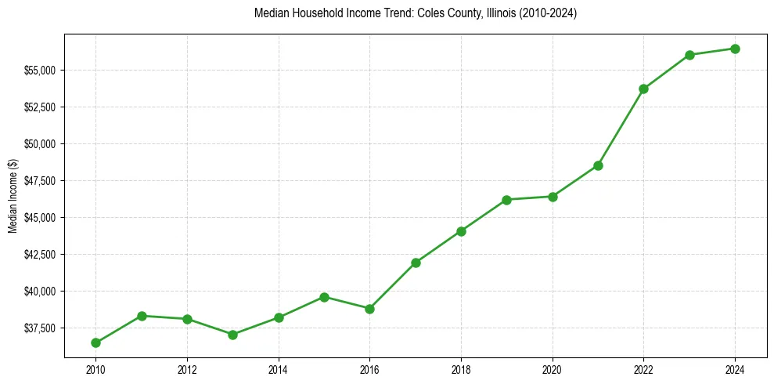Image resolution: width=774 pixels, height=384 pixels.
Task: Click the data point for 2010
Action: pos(95,342)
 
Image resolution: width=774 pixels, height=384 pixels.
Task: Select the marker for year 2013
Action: pos(232,335)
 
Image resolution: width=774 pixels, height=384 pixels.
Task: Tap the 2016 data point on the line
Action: pos(369,309)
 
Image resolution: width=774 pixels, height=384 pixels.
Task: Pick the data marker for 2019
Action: pos(506,200)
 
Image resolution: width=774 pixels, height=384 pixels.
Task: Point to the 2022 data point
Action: pos(643,89)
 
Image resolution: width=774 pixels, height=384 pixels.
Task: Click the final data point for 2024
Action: pos(735,49)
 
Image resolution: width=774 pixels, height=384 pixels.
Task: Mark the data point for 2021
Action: pos(598,165)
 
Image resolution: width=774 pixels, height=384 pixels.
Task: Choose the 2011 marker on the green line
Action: pos(142,316)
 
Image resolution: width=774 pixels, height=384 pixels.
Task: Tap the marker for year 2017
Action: pos(416,263)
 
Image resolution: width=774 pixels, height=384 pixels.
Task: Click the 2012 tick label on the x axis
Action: pos(187,368)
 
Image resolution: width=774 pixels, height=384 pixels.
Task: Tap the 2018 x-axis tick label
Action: pos(461,368)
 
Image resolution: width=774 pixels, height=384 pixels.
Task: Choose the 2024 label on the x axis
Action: pos(735,368)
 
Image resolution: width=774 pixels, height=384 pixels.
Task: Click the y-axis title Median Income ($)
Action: pos(13,196)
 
